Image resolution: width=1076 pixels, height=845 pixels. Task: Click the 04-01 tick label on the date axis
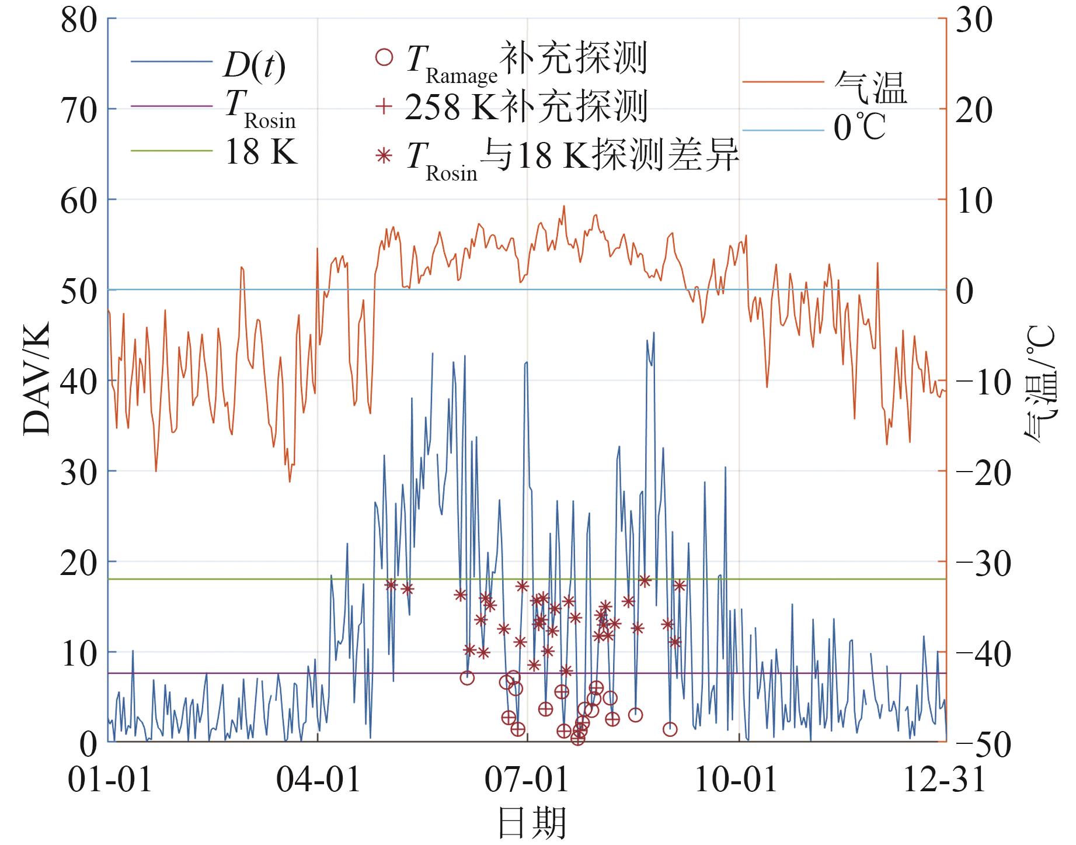click(x=318, y=780)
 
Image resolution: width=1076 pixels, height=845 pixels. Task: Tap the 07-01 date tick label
click(x=527, y=780)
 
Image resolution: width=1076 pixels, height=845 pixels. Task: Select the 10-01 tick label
click(x=736, y=780)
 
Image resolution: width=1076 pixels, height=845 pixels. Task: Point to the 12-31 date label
click(x=944, y=780)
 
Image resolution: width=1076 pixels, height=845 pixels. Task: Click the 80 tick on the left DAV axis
click(x=78, y=21)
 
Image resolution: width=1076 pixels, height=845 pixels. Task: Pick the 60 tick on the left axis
click(x=78, y=201)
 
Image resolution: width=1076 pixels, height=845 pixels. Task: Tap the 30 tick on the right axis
click(x=973, y=21)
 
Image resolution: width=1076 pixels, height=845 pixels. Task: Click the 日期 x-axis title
click(x=532, y=823)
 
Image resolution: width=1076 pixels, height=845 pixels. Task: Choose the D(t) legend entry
click(x=255, y=66)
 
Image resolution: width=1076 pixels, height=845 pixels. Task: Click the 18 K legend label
click(x=261, y=153)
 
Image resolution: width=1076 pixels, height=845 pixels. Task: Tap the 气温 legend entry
click(x=870, y=88)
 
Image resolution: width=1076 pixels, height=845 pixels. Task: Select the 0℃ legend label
click(x=859, y=128)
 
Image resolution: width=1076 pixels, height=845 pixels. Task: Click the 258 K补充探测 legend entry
click(x=525, y=107)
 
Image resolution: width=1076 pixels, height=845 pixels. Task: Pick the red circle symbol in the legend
click(x=384, y=58)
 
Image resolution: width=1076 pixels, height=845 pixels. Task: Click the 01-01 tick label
click(x=110, y=780)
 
